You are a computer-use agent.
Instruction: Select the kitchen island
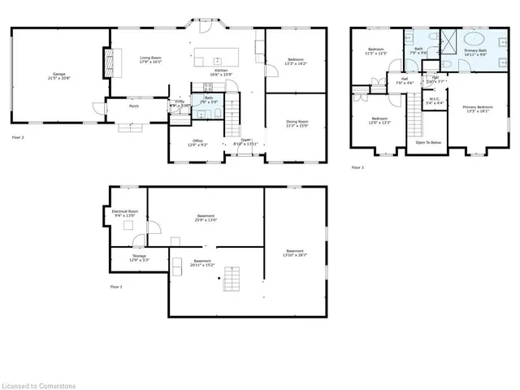click(x=218, y=58)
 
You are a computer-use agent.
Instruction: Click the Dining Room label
click(x=297, y=124)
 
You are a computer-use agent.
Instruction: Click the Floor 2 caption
click(x=18, y=138)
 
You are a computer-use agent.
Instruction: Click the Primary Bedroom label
click(x=478, y=109)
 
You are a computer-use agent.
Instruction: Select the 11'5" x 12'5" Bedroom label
click(x=376, y=52)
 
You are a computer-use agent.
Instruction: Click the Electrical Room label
click(x=126, y=213)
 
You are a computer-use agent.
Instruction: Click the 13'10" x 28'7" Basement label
click(x=294, y=252)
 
